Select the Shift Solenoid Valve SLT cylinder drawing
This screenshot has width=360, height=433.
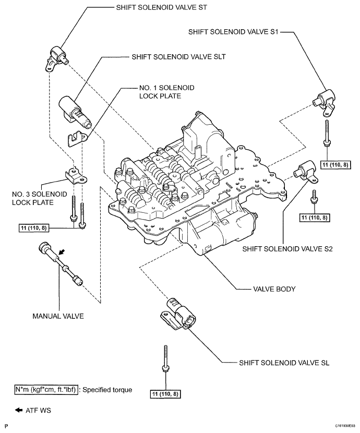click(74, 110)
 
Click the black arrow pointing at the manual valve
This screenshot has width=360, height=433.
click(62, 252)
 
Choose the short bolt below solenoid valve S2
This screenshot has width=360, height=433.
click(315, 197)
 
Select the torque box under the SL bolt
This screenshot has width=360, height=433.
click(165, 393)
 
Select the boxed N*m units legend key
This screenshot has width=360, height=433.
click(46, 389)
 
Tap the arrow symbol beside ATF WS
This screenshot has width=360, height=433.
click(19, 410)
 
